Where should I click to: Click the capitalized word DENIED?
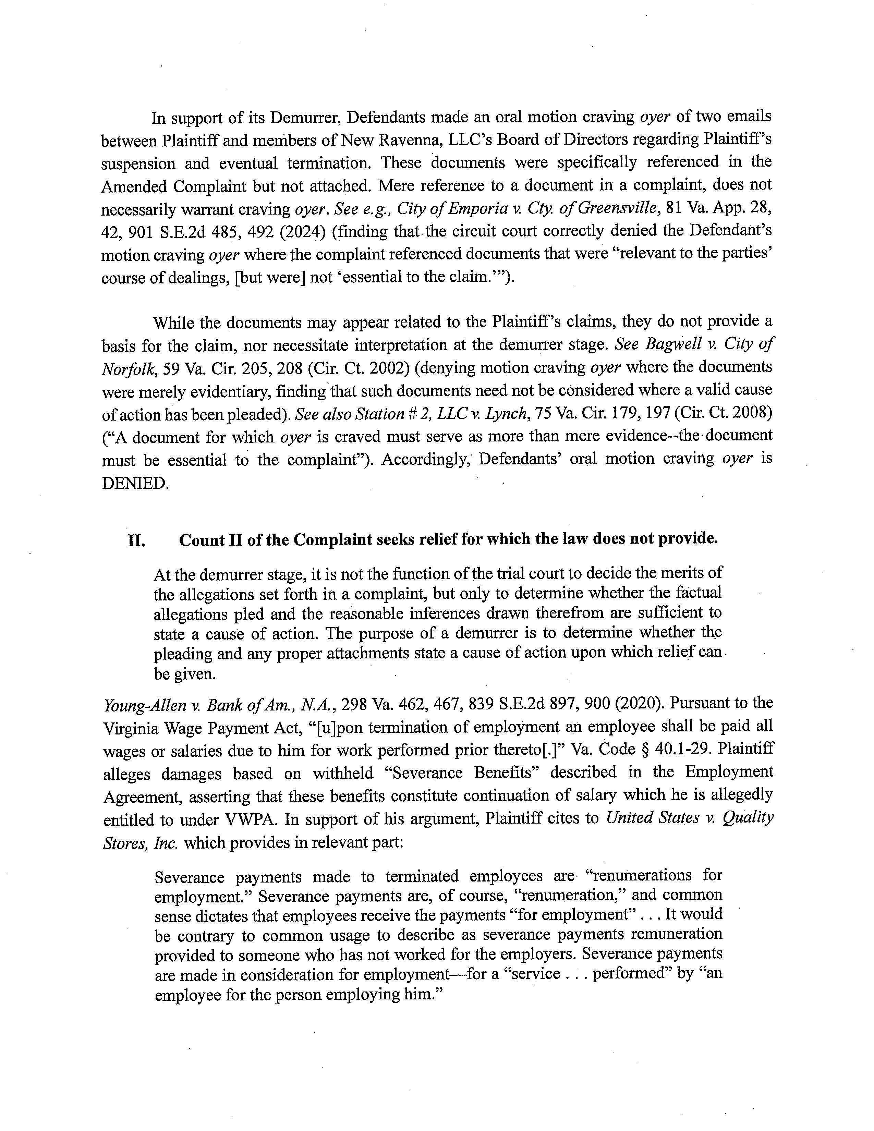pos(135,483)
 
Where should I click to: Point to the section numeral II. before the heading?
pos(136,540)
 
